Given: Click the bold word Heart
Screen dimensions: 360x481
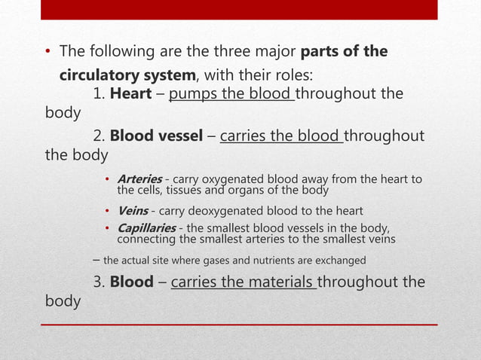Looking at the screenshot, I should (x=130, y=95).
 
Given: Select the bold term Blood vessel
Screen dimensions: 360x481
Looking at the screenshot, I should (x=157, y=136).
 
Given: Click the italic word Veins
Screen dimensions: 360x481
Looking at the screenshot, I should (x=132, y=210).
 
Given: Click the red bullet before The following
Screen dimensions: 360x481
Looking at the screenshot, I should (x=46, y=53).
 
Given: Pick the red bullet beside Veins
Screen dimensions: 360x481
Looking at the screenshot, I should (x=108, y=211).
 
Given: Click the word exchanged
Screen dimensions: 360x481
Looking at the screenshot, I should (x=342, y=261).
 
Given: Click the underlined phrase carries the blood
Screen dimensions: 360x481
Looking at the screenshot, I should (x=280, y=136).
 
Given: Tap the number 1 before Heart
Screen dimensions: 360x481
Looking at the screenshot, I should (x=97, y=95).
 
